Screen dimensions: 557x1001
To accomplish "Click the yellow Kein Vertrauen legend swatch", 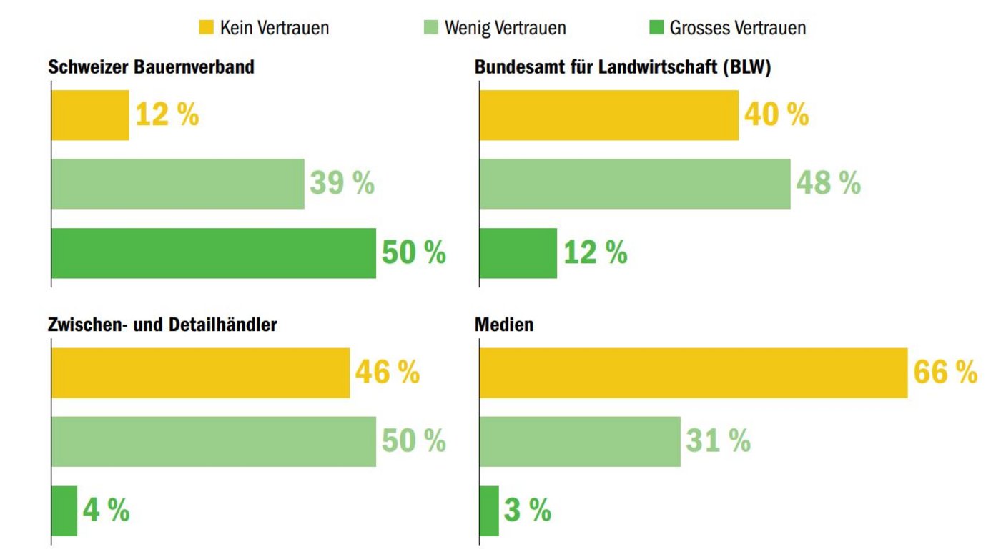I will coord(205,28).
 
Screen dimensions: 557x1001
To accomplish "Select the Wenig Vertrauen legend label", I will coord(505,28).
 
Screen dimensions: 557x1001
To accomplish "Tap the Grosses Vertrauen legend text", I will coord(737,28).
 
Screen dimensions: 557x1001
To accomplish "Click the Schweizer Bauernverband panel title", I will coord(151,67).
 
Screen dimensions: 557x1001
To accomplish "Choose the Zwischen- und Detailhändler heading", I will coord(162,325).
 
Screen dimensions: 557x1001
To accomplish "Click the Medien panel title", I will coord(504,325).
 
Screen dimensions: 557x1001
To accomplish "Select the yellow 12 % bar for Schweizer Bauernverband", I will coord(90,115).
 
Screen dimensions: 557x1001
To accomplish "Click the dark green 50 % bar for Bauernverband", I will coord(213,253).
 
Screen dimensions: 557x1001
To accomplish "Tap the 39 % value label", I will coord(342,184).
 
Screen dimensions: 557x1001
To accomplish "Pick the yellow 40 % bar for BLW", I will coord(608,115).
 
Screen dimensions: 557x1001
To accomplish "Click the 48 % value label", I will coord(829,184).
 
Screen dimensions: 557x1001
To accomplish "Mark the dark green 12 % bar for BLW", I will coord(518,253).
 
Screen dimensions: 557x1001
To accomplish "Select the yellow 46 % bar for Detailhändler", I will coord(200,373).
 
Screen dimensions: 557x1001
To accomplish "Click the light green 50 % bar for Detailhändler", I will coord(213,441).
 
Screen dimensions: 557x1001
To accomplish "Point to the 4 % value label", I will coord(106,511).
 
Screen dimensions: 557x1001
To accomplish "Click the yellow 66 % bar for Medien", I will coord(693,373).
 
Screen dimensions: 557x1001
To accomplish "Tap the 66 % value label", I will coord(945,373).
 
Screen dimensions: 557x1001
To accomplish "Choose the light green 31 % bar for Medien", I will coord(579,441).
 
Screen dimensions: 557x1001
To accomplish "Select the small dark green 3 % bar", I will coord(489,511).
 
